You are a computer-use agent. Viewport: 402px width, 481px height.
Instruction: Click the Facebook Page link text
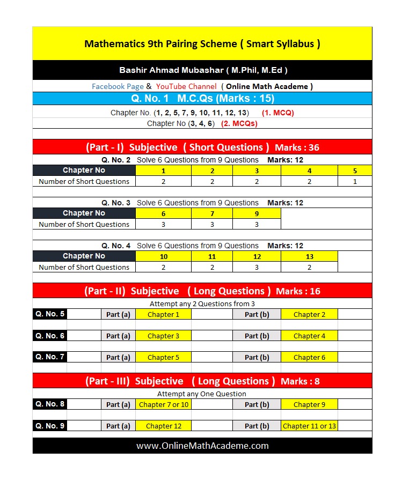pyautogui.click(x=118, y=86)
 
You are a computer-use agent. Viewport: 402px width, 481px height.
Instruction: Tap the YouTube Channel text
pyautogui.click(x=186, y=86)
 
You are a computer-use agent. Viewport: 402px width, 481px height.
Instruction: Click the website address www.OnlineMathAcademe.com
pyautogui.click(x=202, y=446)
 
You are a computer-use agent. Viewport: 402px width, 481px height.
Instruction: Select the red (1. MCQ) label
pyautogui.click(x=277, y=113)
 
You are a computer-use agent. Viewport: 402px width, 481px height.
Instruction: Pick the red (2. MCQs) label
pyautogui.click(x=239, y=123)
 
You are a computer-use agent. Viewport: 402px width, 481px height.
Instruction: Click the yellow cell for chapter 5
pyautogui.click(x=355, y=171)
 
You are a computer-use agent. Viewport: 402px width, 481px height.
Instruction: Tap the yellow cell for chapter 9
pyautogui.click(x=257, y=213)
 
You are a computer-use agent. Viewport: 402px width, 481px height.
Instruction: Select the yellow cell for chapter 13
pyautogui.click(x=309, y=256)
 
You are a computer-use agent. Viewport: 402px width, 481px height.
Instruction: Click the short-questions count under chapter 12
pyautogui.click(x=257, y=267)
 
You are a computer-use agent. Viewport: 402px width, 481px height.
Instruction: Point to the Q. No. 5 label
pyautogui.click(x=50, y=314)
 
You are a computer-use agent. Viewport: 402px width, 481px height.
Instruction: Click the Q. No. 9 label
pyautogui.click(x=50, y=426)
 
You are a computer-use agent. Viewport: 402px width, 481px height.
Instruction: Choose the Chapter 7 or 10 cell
pyautogui.click(x=164, y=405)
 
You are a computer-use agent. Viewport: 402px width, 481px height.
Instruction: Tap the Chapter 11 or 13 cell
pyautogui.click(x=309, y=426)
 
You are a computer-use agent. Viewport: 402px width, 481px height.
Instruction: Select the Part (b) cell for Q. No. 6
pyautogui.click(x=257, y=336)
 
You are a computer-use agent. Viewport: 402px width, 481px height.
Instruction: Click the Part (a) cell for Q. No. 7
pyautogui.click(x=118, y=358)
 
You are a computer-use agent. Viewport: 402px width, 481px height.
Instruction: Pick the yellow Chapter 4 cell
pyautogui.click(x=309, y=336)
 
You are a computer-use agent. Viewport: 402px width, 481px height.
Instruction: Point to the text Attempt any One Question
pyautogui.click(x=202, y=394)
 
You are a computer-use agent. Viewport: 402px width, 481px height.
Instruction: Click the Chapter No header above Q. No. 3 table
pyautogui.click(x=84, y=213)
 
